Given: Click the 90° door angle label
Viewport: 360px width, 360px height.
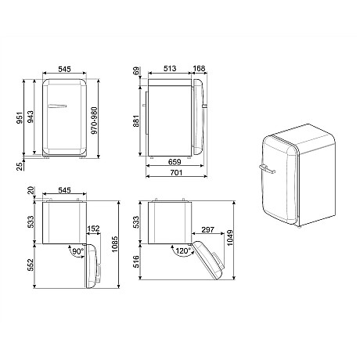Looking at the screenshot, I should click(x=77, y=254).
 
